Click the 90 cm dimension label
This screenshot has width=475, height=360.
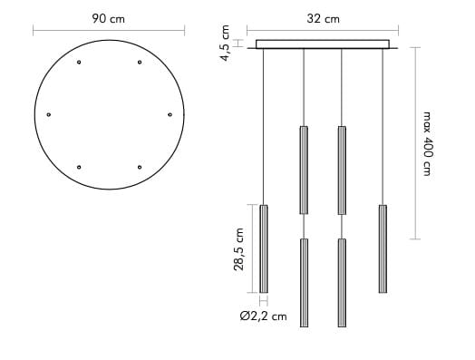(109, 19)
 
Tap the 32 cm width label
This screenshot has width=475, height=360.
(323, 19)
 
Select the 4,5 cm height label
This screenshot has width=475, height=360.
(226, 43)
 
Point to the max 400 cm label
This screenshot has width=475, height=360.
(427, 143)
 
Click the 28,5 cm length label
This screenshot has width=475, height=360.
(238, 249)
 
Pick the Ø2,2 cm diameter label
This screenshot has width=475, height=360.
(263, 316)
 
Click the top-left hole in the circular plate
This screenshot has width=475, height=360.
(79, 63)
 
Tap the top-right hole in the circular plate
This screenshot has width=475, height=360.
(140, 63)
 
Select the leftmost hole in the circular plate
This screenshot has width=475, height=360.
(49, 114)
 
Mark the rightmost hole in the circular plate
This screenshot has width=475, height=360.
(170, 114)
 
